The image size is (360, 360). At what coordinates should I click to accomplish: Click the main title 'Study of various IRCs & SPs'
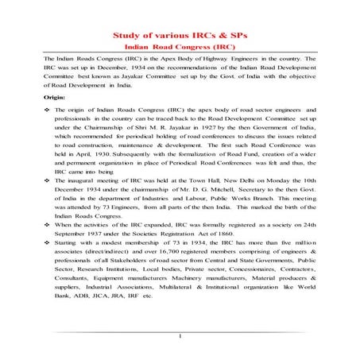tap(179, 37)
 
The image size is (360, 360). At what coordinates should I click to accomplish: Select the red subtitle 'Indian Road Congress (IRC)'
tap(179, 48)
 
